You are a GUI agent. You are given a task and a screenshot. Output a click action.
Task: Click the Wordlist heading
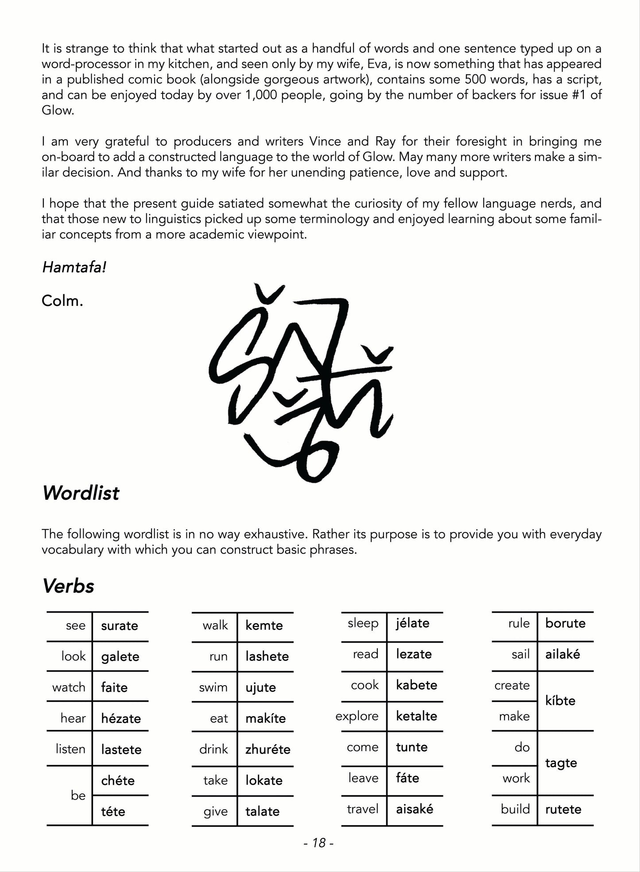(x=81, y=493)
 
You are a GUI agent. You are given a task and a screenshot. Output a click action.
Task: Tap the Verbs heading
(x=68, y=586)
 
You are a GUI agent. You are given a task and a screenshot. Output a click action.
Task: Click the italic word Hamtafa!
(x=74, y=267)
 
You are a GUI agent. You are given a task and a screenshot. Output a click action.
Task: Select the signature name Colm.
(x=62, y=301)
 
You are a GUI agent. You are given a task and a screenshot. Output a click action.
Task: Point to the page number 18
(x=319, y=843)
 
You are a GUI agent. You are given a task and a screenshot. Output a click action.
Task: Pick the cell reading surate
(x=120, y=626)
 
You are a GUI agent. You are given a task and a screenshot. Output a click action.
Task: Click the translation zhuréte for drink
(x=268, y=749)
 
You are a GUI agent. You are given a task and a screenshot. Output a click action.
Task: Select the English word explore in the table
(x=357, y=716)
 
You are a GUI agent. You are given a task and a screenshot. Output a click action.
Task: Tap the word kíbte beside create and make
(x=560, y=701)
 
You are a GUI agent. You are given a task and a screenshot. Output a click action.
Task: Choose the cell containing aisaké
(x=415, y=809)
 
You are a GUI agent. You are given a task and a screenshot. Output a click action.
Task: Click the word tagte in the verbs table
(x=561, y=763)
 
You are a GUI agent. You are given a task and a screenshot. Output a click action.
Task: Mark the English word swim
(x=213, y=687)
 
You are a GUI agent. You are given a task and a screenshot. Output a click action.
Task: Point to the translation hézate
(x=121, y=718)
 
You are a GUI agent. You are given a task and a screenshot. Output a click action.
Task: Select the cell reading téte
(x=113, y=811)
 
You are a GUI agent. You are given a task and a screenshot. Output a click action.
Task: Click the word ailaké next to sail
(x=562, y=654)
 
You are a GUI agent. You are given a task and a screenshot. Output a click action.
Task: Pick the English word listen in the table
(x=70, y=749)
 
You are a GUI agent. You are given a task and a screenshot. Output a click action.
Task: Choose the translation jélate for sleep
(x=413, y=623)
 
